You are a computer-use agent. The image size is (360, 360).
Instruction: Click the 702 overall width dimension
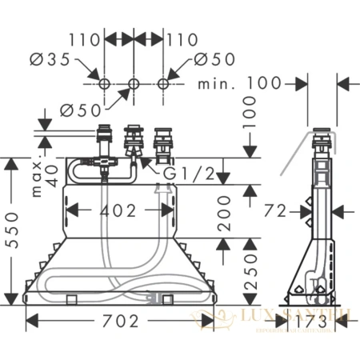point(121,321)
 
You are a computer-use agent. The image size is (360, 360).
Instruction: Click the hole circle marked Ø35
point(103,84)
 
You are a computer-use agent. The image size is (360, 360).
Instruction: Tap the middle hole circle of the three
point(134,84)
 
